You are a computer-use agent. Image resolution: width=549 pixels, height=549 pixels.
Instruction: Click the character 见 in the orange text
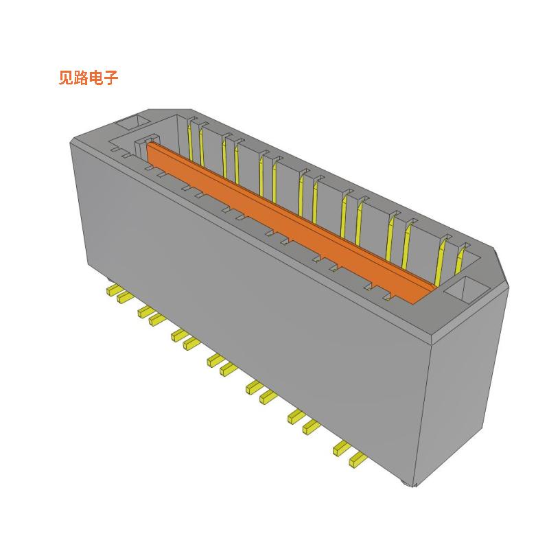tap(66, 78)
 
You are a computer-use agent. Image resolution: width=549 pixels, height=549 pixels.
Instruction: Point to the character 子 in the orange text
tap(111, 78)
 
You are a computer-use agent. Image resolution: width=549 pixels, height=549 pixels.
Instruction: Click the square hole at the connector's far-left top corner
tap(132, 124)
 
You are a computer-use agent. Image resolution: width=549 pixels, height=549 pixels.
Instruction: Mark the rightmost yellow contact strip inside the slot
tap(458, 263)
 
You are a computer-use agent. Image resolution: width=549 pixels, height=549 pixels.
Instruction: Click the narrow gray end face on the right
tap(467, 391)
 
